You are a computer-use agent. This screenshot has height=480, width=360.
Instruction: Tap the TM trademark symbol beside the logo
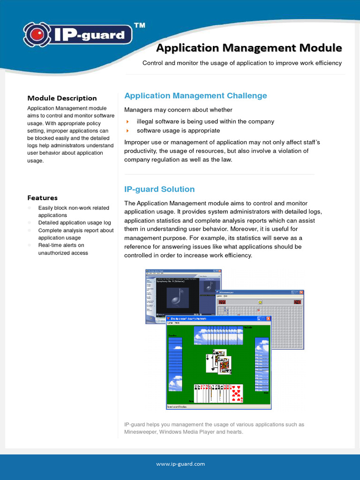139,26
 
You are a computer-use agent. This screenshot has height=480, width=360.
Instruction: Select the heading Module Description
62,98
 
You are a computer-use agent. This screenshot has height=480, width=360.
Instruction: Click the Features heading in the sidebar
42,198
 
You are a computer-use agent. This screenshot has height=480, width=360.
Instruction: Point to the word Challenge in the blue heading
247,96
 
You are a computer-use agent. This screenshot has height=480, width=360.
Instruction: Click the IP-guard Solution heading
159,189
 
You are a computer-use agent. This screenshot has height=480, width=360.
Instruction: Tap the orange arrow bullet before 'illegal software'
127,122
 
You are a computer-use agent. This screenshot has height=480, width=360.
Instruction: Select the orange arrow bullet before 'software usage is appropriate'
127,131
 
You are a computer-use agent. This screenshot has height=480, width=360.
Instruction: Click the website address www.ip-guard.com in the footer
180,464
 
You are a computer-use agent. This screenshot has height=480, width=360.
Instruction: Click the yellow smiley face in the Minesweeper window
260,302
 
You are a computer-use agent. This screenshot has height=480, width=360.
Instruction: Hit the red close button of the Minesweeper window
301,292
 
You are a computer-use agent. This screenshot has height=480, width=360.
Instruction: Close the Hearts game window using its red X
269,318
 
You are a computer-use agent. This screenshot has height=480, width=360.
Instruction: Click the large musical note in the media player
177,297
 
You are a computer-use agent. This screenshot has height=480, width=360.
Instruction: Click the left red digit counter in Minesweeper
222,302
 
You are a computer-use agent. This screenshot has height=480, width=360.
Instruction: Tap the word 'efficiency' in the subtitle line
327,63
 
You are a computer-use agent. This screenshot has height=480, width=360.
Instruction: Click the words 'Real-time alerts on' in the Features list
61,245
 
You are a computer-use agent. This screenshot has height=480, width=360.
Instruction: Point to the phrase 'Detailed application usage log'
75,223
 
